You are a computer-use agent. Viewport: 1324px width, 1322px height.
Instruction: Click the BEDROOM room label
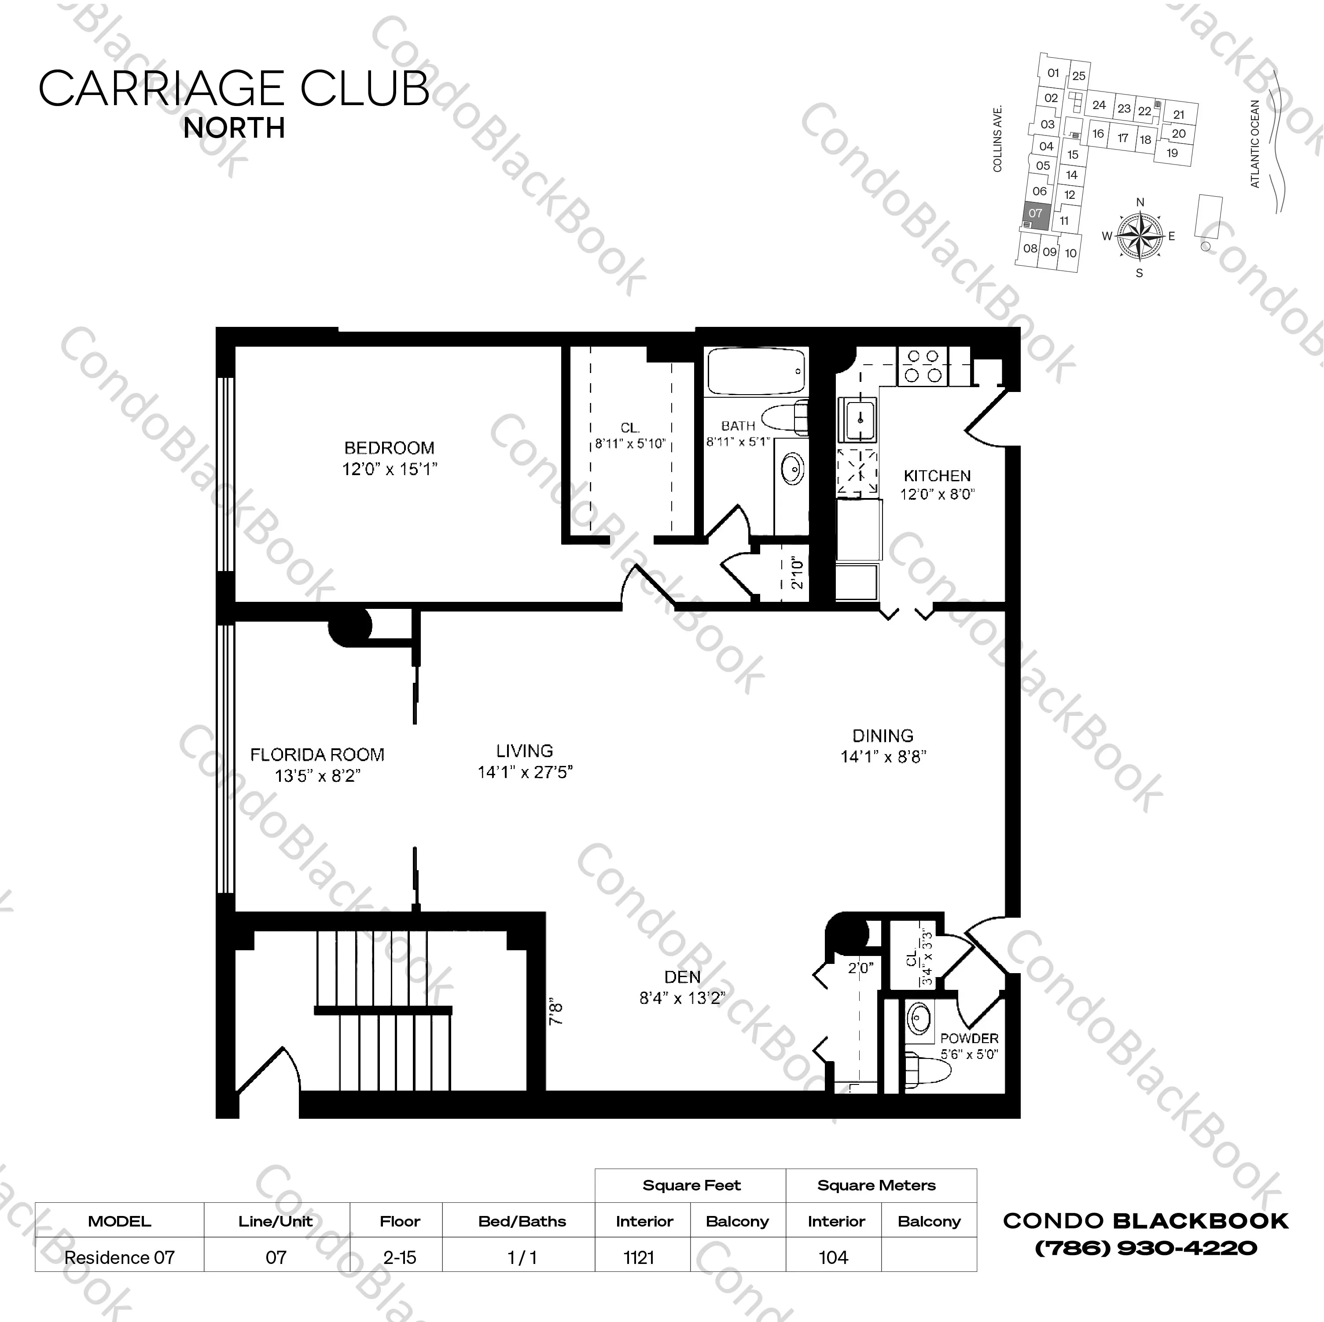coord(389,448)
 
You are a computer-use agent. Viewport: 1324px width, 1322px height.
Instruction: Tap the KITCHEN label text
coord(937,476)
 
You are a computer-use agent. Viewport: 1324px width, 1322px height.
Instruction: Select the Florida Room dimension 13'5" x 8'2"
coord(317,776)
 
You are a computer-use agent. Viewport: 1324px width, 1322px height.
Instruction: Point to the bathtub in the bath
coord(756,371)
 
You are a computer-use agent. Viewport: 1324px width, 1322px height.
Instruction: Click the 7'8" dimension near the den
coord(556,1013)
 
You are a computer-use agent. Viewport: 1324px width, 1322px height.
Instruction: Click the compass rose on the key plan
coord(1140,236)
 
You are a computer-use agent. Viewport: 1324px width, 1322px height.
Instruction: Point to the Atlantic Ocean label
coord(1255,144)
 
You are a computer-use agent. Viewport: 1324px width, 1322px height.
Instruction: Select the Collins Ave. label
coord(998,139)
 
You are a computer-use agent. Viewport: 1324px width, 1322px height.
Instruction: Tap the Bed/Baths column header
coord(522,1221)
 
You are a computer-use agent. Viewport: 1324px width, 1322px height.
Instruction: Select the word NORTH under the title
coord(234,128)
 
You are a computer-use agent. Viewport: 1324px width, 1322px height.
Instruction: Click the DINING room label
coord(883,736)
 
